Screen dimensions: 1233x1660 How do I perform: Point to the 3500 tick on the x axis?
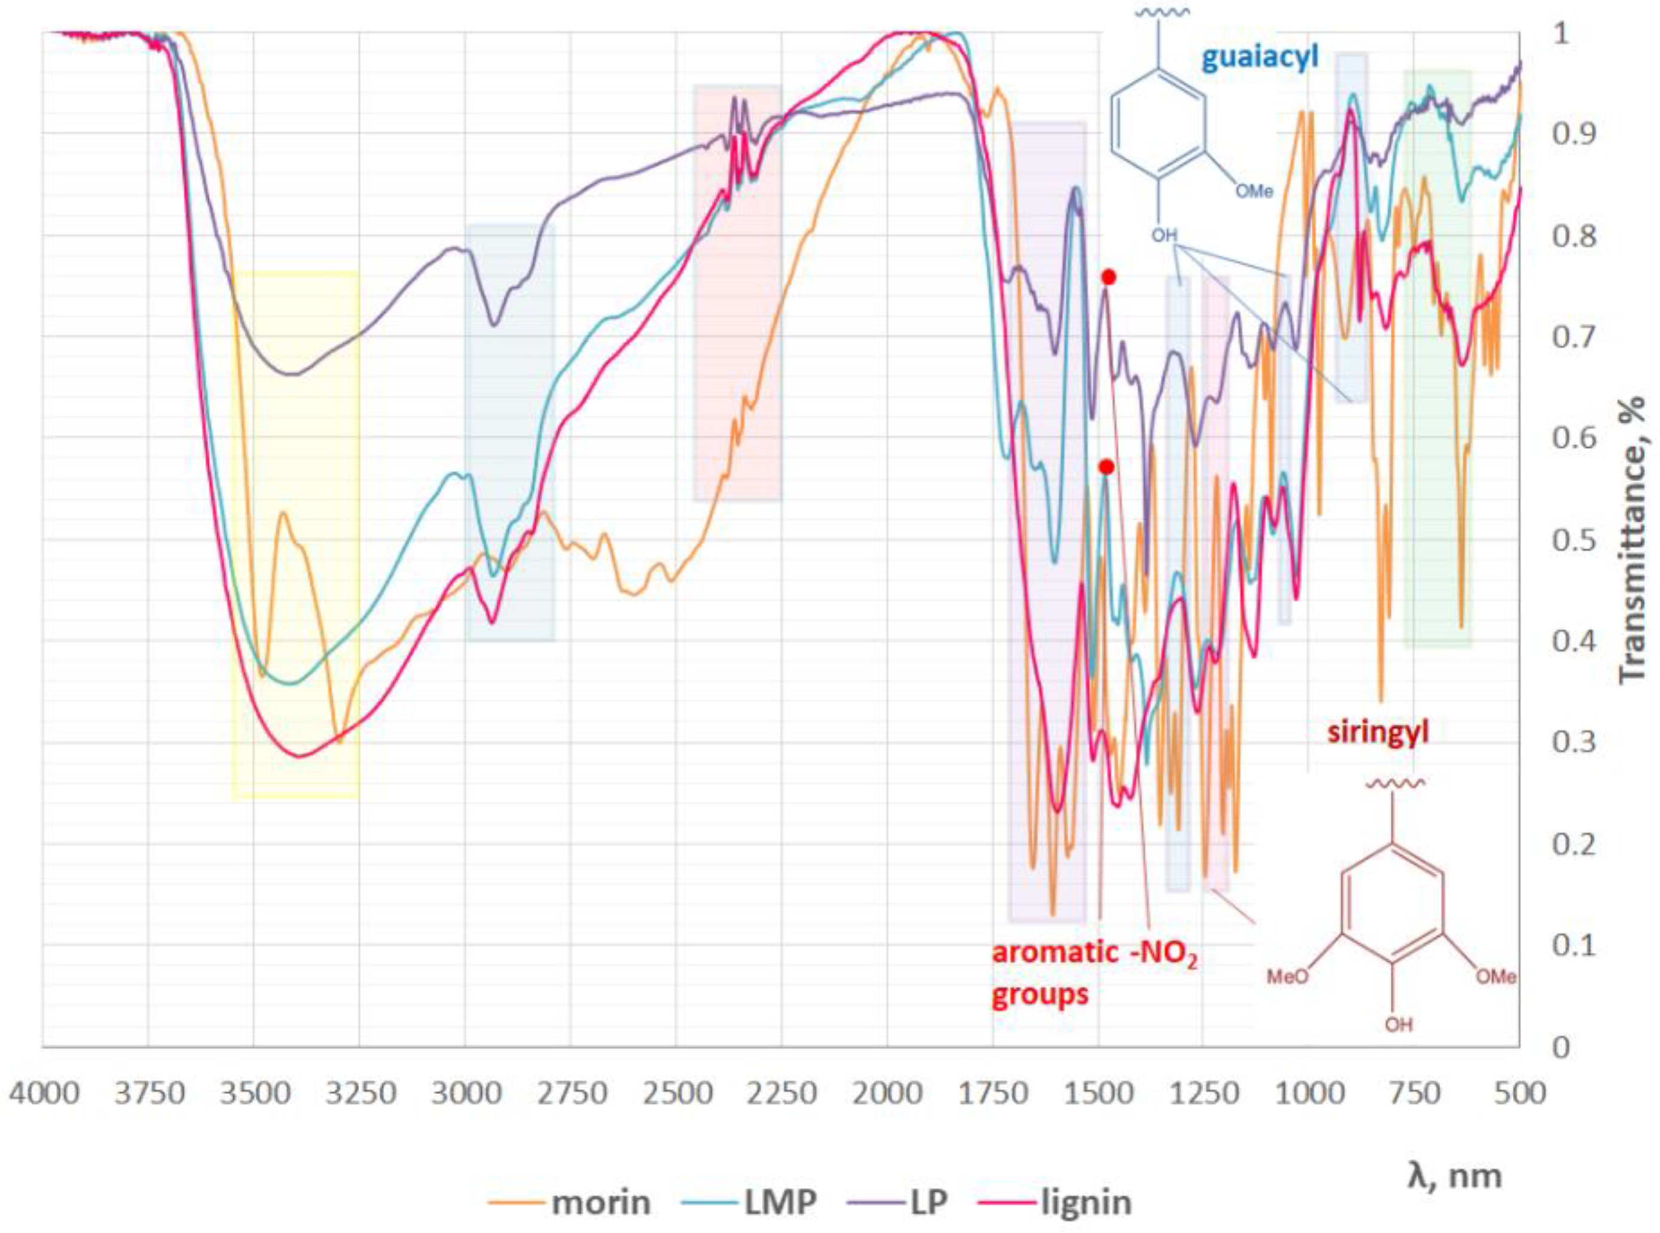[253, 1094]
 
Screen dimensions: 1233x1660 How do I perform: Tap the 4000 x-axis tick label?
[43, 1094]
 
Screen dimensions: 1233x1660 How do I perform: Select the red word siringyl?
[1378, 732]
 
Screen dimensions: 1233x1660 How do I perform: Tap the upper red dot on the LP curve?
[1109, 278]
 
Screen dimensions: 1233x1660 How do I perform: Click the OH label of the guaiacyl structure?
[1163, 236]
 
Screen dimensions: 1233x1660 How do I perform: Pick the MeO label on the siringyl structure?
[1288, 977]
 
